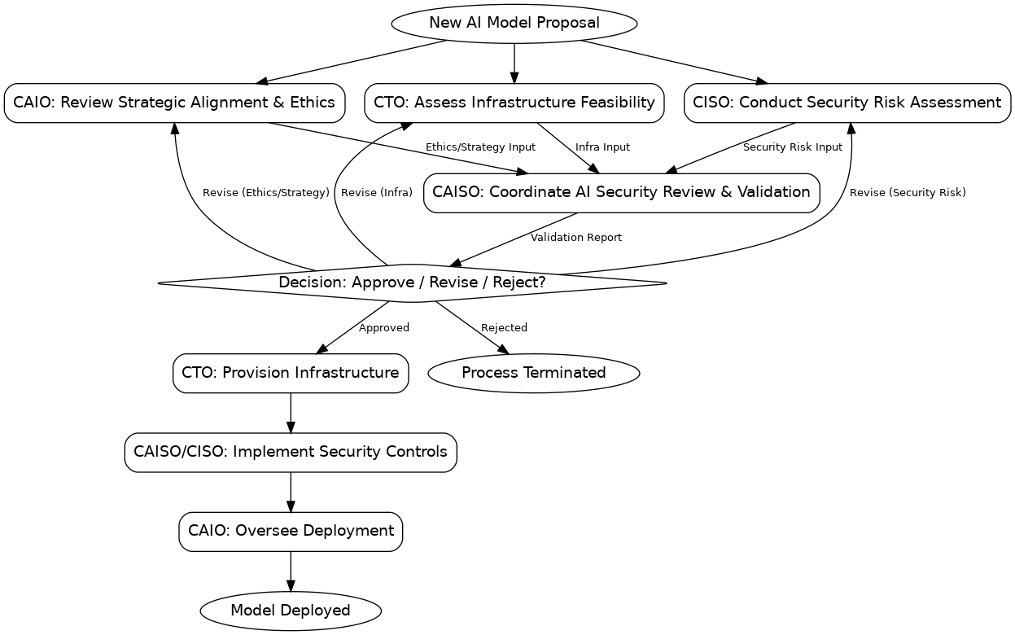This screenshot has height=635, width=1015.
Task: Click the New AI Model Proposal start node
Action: coord(514,23)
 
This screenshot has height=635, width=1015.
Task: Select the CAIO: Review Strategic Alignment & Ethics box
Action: coord(174,103)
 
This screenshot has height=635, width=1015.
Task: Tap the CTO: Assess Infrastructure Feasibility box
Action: coord(514,103)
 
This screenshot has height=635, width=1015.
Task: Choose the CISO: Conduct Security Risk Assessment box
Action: coord(847,103)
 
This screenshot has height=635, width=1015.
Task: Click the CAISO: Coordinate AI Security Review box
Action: coord(621,193)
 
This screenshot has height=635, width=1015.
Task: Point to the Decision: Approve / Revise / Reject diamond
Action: coord(412,283)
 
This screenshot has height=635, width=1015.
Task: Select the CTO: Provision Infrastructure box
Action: coord(290,373)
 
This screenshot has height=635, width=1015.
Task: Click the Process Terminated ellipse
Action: coord(533,373)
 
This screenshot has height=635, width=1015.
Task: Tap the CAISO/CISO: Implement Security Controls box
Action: coord(290,452)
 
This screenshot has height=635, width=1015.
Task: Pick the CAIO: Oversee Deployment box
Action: coord(290,531)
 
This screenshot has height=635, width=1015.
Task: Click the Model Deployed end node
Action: coord(290,611)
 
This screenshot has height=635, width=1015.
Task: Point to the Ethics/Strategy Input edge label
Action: coord(480,147)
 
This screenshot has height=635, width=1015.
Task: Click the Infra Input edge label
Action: coord(602,147)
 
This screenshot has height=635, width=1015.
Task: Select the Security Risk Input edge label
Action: coord(792,147)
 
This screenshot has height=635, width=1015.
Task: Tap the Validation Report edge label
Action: coord(575,238)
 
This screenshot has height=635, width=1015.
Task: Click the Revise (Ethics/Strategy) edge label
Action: coord(265,193)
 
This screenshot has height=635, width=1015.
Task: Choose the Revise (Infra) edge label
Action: coord(376,193)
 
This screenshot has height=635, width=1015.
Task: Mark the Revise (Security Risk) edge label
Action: coord(907,193)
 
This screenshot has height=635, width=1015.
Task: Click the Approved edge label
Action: coord(383,328)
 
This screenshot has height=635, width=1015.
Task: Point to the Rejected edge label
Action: coord(504,328)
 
